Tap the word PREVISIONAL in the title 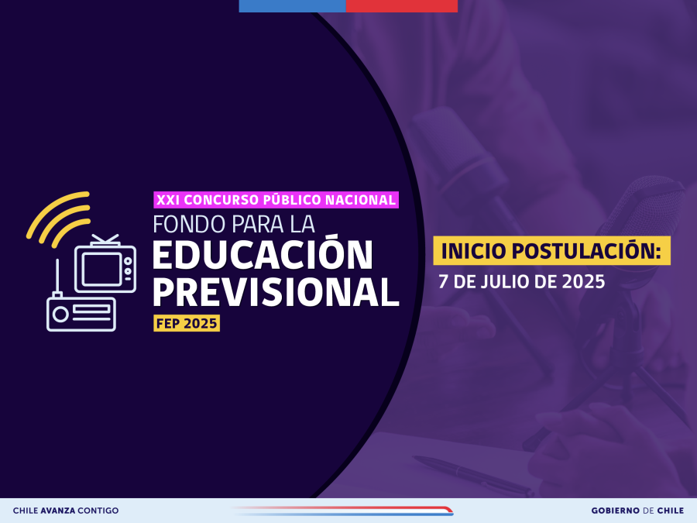pos(276,291)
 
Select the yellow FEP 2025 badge pos(187,323)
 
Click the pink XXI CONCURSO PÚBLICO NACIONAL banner pos(276,200)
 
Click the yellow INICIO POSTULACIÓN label pos(551,251)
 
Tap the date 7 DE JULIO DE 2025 pos(522,282)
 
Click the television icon pos(105,264)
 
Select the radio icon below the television pos(81,314)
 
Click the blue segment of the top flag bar pos(292,5)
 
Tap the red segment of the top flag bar pos(401,5)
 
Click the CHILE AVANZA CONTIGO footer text pos(66,511)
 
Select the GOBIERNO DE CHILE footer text pos(637,511)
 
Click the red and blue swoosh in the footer pos(342,511)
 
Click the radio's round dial pos(60,315)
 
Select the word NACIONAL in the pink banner pos(360,200)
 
